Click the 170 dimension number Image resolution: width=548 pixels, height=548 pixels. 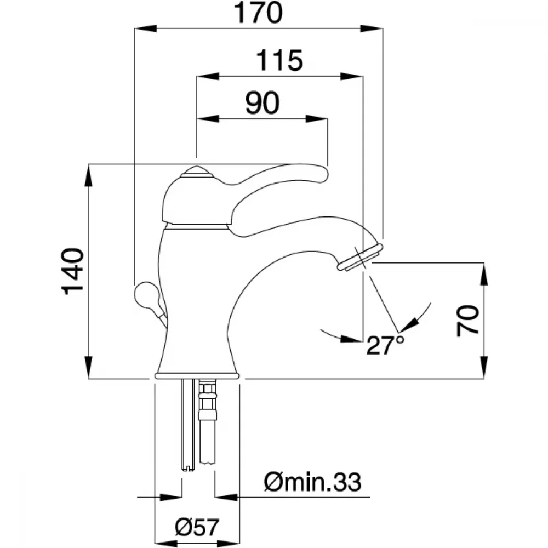point(258,13)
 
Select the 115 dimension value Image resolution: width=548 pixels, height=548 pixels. point(279,60)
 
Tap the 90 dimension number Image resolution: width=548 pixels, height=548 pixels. point(262,103)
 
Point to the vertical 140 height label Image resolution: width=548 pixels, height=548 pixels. point(73,272)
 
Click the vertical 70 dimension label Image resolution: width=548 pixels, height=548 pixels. point(467,321)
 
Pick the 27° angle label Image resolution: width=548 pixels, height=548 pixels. point(385,345)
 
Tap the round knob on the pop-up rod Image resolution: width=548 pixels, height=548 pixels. point(146,296)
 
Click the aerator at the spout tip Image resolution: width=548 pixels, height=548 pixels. point(360,258)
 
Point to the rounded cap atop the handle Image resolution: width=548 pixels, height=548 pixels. point(196,172)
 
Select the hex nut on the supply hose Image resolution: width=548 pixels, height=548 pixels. point(208,389)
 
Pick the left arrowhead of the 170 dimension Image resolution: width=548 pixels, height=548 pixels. point(145,28)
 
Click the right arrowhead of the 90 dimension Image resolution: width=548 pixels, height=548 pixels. point(317,119)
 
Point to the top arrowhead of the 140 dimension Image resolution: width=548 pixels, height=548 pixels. point(89,175)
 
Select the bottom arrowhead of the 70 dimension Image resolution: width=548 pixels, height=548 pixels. point(484,367)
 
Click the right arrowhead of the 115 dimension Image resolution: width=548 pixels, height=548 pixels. point(352,76)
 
